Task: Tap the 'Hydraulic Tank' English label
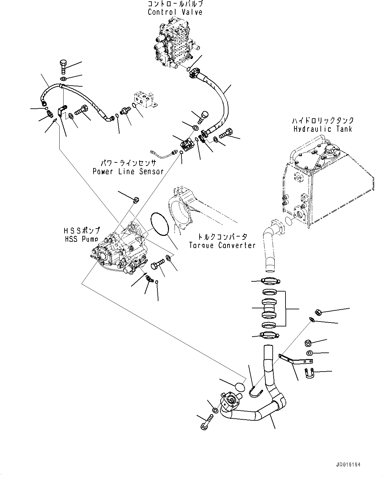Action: (322, 129)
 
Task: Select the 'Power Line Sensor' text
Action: (128, 171)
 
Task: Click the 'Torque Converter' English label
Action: (222, 245)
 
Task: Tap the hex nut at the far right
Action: (318, 311)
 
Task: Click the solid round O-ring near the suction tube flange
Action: (240, 386)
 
